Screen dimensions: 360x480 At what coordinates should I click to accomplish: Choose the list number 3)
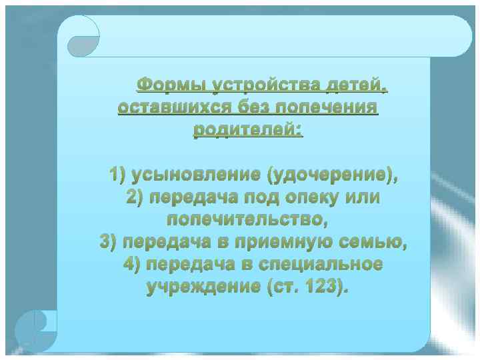coord(108,241)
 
